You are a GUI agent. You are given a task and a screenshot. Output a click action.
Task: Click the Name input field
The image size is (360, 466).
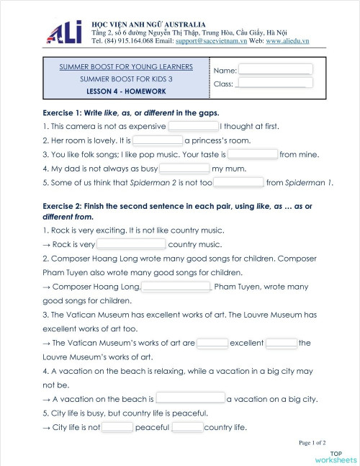275,70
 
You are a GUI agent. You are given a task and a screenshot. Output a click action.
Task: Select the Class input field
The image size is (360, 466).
274,84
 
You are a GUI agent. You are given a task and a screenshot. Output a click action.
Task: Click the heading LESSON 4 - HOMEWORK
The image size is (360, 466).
126,91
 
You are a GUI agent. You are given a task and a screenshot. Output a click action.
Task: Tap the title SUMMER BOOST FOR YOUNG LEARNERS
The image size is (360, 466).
126,67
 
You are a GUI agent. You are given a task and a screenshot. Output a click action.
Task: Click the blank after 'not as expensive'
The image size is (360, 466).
192,126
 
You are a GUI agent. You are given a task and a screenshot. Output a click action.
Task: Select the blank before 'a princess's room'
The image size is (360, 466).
158,140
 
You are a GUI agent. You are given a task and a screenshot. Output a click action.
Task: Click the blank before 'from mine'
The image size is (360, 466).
253,154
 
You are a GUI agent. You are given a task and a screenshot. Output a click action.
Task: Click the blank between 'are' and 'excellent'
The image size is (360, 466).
212,343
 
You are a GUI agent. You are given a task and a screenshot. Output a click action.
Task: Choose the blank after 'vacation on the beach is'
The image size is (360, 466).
190,398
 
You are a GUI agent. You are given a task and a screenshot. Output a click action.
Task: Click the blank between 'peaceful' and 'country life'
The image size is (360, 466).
187,427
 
